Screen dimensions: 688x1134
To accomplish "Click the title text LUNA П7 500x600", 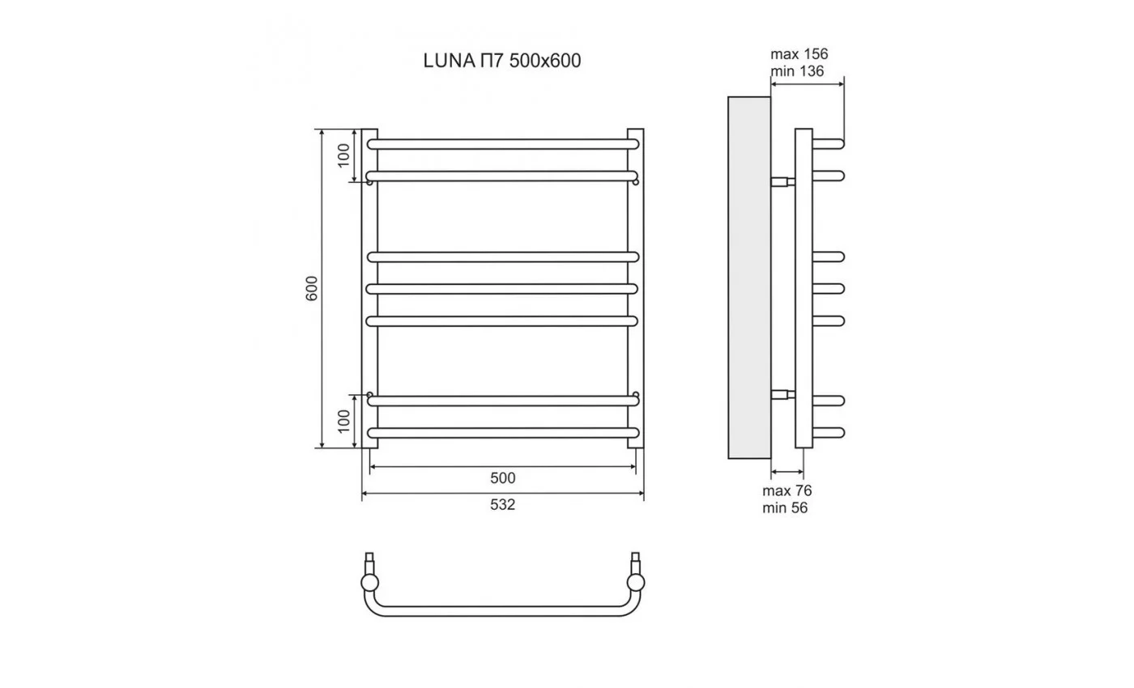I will pos(502,62).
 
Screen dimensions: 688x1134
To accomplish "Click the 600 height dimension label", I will pos(312,288).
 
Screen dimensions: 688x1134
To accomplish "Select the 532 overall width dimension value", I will pos(502,505).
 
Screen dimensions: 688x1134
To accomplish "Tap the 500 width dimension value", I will pos(502,478).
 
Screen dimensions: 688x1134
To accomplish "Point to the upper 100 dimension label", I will pos(343,155).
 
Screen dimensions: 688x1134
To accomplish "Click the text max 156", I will pos(799,54).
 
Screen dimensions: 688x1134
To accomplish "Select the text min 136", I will pos(797,71).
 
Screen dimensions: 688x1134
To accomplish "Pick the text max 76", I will pos(787,491).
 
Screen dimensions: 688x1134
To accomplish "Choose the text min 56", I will pos(785,508).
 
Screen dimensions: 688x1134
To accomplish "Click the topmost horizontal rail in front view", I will pos(502,144).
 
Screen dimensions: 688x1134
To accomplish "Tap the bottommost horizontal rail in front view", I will pos(502,433).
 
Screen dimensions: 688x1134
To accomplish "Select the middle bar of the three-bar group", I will pos(502,288).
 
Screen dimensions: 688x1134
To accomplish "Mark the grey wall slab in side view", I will pos(749,275).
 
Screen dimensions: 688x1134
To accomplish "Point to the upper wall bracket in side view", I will pos(782,181).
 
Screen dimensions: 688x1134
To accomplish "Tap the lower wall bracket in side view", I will pos(782,395).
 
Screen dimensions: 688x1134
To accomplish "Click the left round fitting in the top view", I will pos(369,583).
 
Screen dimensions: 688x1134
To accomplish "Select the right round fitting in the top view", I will pos(637,583).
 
